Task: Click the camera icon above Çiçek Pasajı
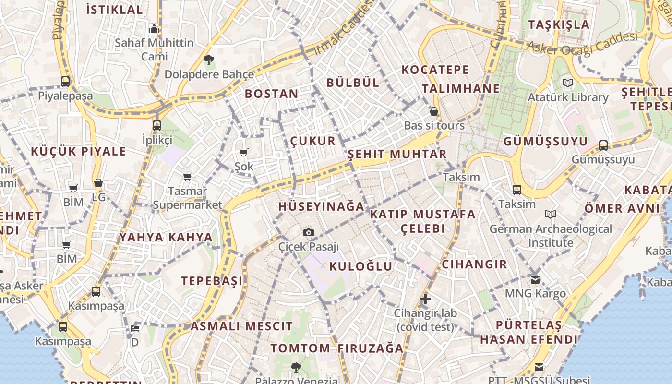point(309,233)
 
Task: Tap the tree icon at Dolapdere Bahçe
point(208,60)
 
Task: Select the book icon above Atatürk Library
point(568,83)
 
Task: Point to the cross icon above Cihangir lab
point(425,299)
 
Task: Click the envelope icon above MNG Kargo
point(535,279)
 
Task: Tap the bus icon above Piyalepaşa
point(65,82)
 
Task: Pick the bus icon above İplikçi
point(156,126)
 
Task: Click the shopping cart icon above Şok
point(243,153)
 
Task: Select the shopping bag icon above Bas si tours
point(434,111)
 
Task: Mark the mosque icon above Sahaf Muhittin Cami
point(154,29)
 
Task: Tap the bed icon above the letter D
point(135,328)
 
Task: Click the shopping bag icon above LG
point(98,183)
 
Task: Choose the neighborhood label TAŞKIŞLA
point(559,24)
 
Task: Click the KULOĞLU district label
point(361,266)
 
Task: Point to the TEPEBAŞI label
point(212,281)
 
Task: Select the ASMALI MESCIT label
point(241,326)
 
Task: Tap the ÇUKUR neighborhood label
point(313,141)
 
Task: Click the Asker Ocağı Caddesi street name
point(582,44)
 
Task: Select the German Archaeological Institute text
point(551,236)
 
